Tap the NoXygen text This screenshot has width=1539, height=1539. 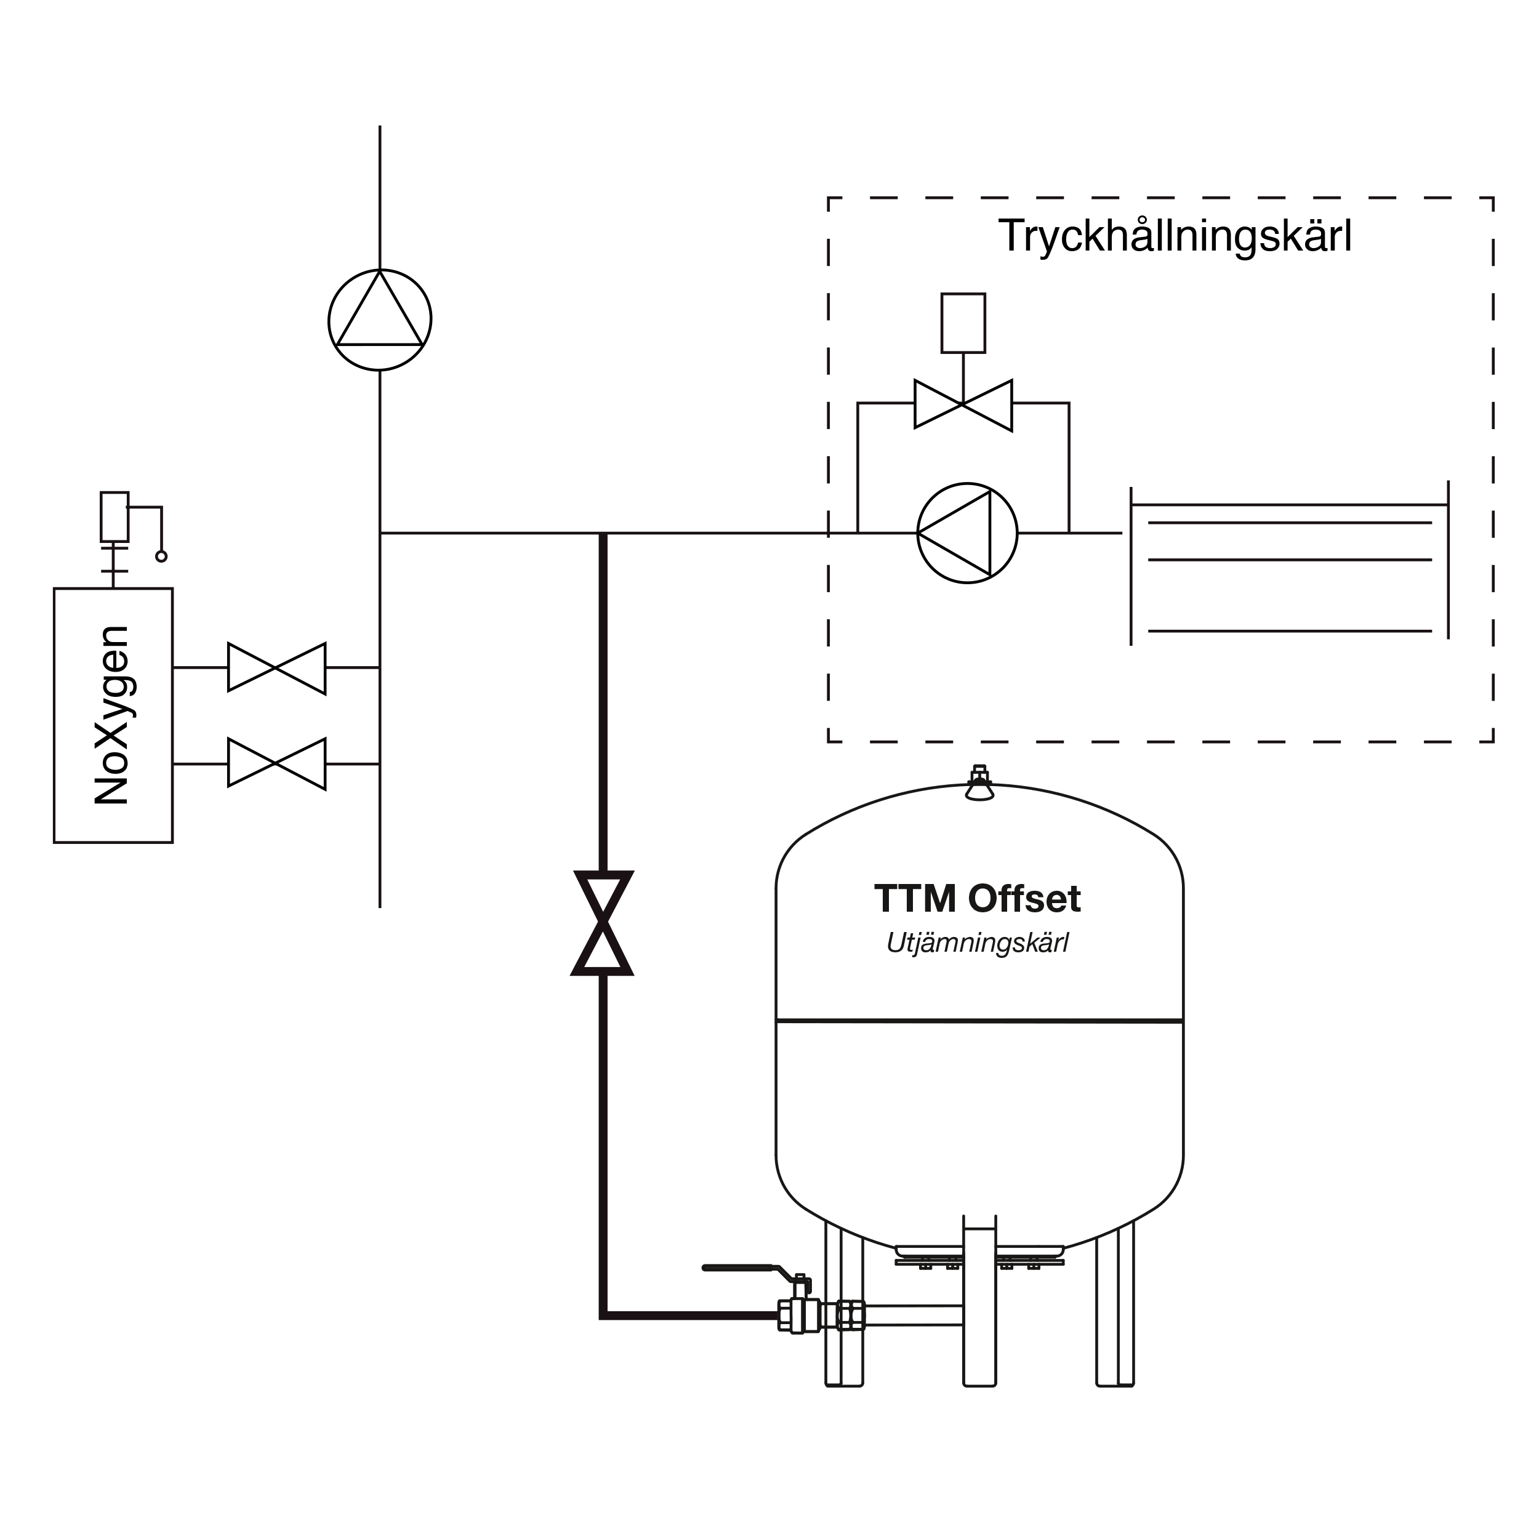pyautogui.click(x=111, y=715)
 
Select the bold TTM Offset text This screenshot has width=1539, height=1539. pyautogui.click(x=978, y=899)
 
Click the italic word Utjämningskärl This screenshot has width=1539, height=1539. pyautogui.click(x=978, y=944)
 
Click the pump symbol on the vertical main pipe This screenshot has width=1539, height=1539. pyautogui.click(x=380, y=320)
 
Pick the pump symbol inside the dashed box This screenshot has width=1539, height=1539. pyautogui.click(x=967, y=533)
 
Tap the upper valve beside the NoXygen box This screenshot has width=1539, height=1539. pyautogui.click(x=276, y=667)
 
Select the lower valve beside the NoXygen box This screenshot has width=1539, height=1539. pyautogui.click(x=276, y=763)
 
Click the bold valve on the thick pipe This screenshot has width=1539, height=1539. pyautogui.click(x=603, y=923)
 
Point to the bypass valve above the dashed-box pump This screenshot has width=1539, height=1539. pyautogui.click(x=963, y=404)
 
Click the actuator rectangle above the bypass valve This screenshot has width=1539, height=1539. pyautogui.click(x=963, y=323)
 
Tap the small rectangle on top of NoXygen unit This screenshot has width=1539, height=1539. pyautogui.click(x=114, y=516)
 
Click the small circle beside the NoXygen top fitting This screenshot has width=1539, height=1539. pyautogui.click(x=162, y=556)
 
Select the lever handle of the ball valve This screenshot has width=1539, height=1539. pyautogui.click(x=749, y=1268)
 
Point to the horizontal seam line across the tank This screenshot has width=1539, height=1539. pyautogui.click(x=979, y=1021)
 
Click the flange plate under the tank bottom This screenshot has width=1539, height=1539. pyautogui.click(x=979, y=1262)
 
